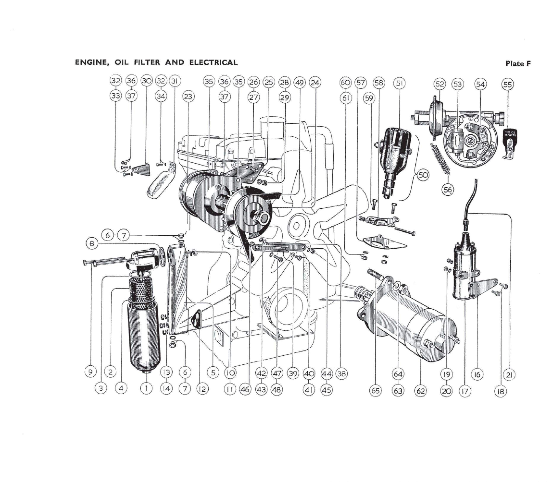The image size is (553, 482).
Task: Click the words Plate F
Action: tap(518, 64)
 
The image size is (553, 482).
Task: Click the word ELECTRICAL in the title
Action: tap(213, 63)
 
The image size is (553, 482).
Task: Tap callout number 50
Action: tap(423, 175)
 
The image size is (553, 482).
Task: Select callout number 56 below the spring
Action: tap(447, 190)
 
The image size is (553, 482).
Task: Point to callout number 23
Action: tap(188, 96)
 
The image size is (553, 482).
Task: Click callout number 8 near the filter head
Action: tap(92, 244)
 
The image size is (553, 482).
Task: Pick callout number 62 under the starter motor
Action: tap(420, 391)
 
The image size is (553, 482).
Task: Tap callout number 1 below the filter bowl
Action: tap(146, 388)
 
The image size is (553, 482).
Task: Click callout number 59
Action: tap(369, 98)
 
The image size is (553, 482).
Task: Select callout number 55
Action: tap(507, 85)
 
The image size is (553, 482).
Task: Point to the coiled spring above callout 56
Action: tap(440, 159)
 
